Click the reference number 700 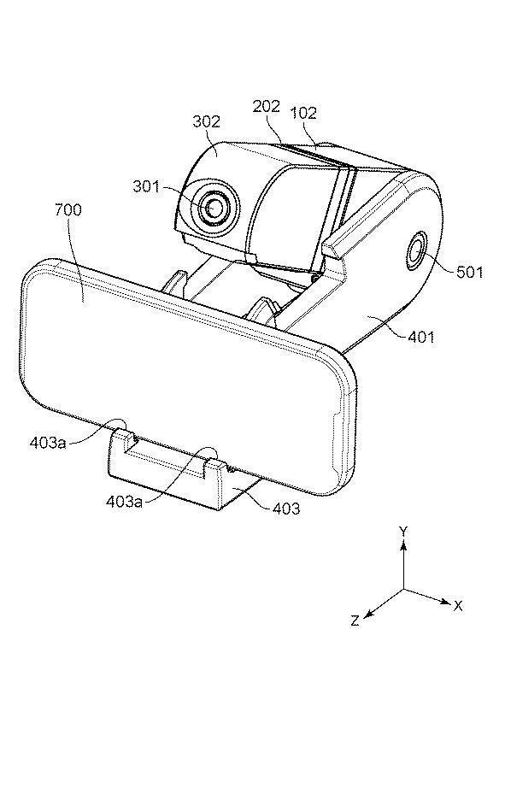(68, 209)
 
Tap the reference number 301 (146, 186)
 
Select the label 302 (207, 121)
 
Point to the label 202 (266, 106)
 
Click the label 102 (303, 113)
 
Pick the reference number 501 (470, 272)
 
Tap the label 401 (421, 336)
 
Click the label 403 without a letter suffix (286, 508)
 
